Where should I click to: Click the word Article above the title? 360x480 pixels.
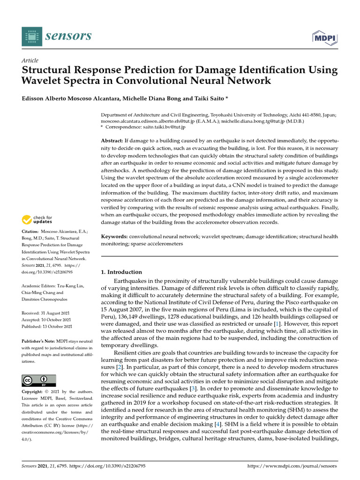point(30,60)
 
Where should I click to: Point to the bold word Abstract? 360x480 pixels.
point(112,141)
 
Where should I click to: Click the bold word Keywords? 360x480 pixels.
point(114,237)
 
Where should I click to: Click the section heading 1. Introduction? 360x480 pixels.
point(122,272)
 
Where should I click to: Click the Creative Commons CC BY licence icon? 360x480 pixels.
point(39,380)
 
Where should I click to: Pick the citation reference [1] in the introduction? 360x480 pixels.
point(277,323)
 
